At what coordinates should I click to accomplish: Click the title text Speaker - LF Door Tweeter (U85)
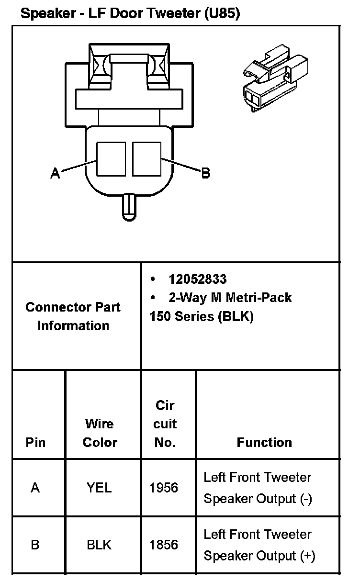pyautogui.click(x=130, y=13)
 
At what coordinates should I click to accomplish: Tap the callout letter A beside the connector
pyautogui.click(x=56, y=173)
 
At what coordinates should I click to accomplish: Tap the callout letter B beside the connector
pyautogui.click(x=205, y=173)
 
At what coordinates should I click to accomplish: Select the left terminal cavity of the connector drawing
pyautogui.click(x=111, y=159)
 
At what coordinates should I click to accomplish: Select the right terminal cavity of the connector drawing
pyautogui.click(x=146, y=159)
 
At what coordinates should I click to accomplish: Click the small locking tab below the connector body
pyautogui.click(x=129, y=206)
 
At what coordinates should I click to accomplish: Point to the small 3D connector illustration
pyautogui.click(x=272, y=76)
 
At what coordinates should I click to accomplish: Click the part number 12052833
pyautogui.click(x=197, y=279)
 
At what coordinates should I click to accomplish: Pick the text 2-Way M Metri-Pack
pyautogui.click(x=230, y=298)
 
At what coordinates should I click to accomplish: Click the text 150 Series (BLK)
pyautogui.click(x=202, y=316)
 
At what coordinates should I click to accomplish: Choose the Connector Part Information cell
pyautogui.click(x=73, y=316)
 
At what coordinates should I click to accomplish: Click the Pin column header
pyautogui.click(x=36, y=442)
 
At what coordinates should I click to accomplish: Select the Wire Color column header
pyautogui.click(x=100, y=433)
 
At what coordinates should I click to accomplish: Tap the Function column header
pyautogui.click(x=264, y=442)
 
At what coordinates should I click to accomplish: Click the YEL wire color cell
pyautogui.click(x=99, y=488)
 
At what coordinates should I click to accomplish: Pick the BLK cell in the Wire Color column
pyautogui.click(x=99, y=545)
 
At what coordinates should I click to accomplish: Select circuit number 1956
pyautogui.click(x=164, y=488)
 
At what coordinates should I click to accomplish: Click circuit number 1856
pyautogui.click(x=164, y=545)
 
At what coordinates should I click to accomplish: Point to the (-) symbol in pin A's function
pyautogui.click(x=306, y=499)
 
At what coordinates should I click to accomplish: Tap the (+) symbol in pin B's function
pyautogui.click(x=307, y=556)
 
